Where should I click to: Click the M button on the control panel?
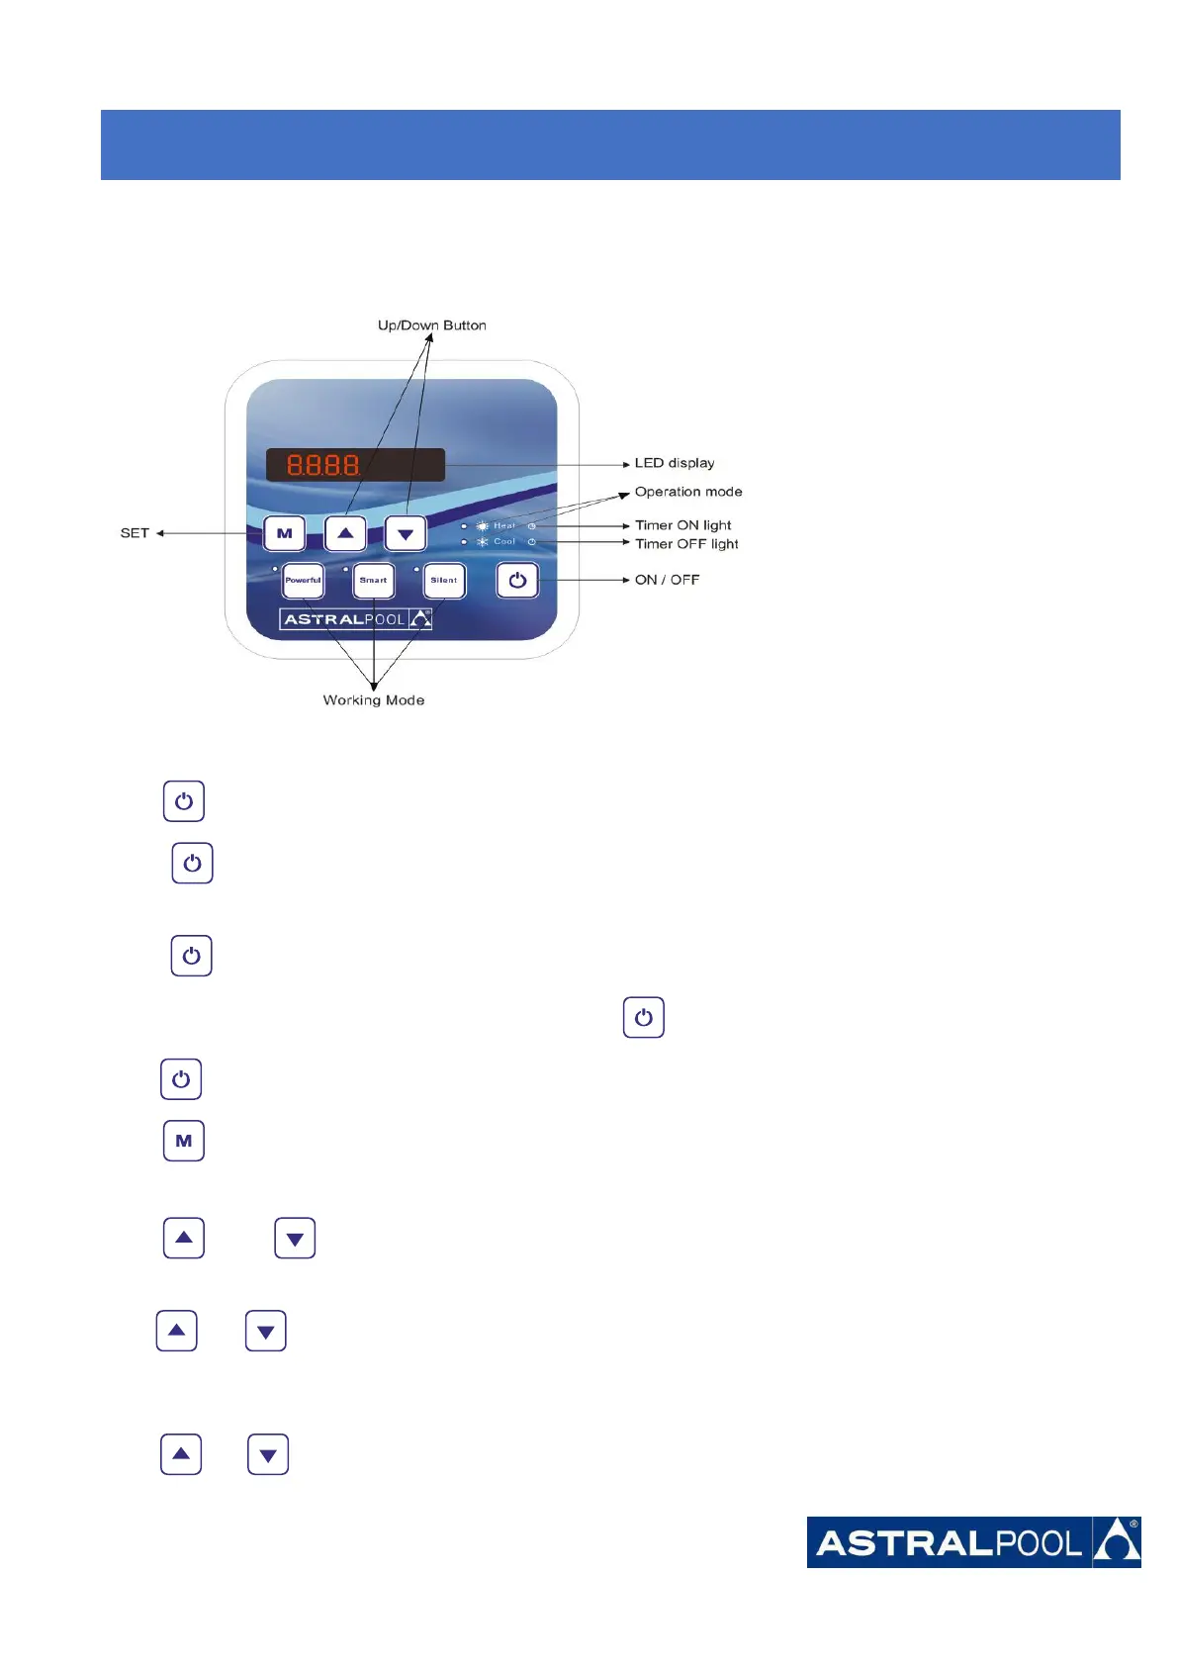[285, 533]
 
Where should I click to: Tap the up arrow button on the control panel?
[345, 533]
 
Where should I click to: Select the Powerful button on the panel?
[303, 581]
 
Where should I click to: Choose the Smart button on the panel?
[374, 581]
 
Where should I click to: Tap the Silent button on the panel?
[444, 581]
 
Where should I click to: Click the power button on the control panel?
[517, 581]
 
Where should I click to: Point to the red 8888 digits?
[322, 464]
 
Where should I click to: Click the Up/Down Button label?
[431, 325]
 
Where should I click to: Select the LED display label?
[675, 463]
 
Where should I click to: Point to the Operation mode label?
[688, 492]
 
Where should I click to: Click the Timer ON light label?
[683, 525]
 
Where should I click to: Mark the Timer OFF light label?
[686, 544]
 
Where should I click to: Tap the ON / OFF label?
[667, 580]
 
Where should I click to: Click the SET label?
[135, 533]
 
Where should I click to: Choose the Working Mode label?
[374, 700]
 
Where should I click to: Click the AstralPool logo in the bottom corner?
[973, 1542]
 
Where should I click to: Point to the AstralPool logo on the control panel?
[356, 620]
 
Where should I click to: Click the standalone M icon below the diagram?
[184, 1141]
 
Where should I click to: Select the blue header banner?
[610, 144]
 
